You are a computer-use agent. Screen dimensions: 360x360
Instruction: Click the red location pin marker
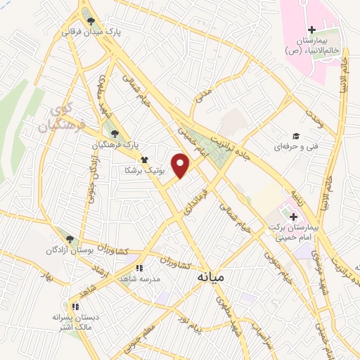182,165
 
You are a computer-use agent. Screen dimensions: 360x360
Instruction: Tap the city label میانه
210,278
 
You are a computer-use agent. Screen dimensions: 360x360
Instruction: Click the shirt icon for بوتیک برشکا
143,159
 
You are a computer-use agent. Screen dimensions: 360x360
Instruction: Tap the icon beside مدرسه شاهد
139,268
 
